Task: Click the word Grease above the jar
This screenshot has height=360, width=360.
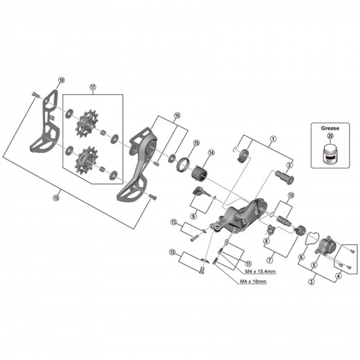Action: click(330, 128)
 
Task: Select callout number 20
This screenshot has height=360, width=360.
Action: click(330, 136)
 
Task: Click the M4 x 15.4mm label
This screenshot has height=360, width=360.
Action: click(259, 271)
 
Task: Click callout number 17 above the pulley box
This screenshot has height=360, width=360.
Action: click(93, 86)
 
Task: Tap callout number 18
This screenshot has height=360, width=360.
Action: click(62, 81)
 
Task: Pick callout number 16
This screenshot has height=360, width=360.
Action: click(176, 115)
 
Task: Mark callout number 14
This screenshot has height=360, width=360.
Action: click(211, 153)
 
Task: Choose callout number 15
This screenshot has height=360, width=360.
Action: click(196, 143)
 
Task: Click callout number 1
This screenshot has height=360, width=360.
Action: click(273, 139)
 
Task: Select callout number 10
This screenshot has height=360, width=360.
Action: click(291, 196)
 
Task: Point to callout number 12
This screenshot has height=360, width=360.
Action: click(172, 252)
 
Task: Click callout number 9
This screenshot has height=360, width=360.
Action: click(193, 215)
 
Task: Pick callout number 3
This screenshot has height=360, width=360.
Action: click(311, 281)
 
